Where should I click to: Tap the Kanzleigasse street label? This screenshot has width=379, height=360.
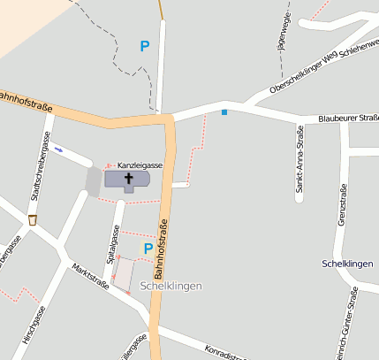tap(140, 165)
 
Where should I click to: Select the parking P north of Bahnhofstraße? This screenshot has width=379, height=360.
tap(145, 45)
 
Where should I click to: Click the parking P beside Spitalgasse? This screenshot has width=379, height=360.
tap(148, 249)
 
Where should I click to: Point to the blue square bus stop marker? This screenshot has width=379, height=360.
tap(224, 112)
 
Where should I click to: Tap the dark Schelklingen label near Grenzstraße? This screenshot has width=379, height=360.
tap(348, 264)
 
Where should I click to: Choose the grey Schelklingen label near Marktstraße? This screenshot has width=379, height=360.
tap(171, 286)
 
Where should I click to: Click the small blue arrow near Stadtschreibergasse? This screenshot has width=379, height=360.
tap(58, 149)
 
